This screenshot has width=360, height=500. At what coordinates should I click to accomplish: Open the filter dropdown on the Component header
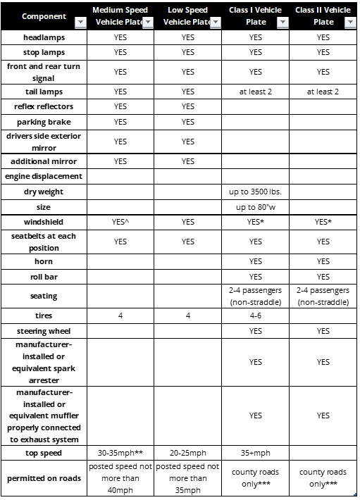click(x=80, y=23)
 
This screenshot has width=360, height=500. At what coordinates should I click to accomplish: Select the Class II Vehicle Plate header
click(x=323, y=15)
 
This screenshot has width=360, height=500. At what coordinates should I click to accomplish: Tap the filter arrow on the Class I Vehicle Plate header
click(x=283, y=23)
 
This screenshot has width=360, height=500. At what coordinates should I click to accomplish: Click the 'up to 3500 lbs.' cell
click(x=255, y=192)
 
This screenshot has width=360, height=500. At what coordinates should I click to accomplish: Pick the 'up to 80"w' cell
click(x=255, y=207)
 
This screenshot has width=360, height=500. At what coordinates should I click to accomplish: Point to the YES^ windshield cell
click(x=120, y=223)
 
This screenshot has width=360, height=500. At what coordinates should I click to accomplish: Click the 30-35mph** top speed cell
click(x=120, y=453)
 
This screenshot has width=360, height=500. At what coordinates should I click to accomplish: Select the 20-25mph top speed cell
click(x=187, y=453)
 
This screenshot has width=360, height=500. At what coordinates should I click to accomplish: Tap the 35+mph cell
click(x=255, y=453)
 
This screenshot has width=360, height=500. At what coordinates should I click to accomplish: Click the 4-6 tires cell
click(x=255, y=315)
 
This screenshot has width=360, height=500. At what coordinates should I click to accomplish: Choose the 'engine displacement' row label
click(x=44, y=176)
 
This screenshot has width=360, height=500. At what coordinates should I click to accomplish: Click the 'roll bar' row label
click(x=44, y=277)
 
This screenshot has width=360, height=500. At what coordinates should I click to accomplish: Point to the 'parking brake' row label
click(x=44, y=122)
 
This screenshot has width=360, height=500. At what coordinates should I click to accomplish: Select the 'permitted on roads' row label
click(x=44, y=478)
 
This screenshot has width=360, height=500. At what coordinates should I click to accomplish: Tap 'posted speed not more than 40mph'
click(x=120, y=478)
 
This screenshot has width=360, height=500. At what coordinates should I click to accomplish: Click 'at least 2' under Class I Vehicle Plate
click(x=255, y=92)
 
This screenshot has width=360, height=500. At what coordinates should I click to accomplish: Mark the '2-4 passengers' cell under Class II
click(x=323, y=296)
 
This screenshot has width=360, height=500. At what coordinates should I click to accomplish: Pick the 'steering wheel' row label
click(x=44, y=331)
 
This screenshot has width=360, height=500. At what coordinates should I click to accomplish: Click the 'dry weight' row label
click(x=44, y=192)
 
